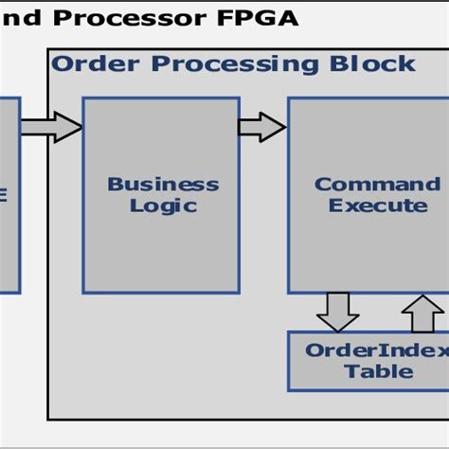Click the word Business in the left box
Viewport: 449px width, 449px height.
click(162, 184)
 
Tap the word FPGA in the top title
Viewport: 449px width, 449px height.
click(260, 17)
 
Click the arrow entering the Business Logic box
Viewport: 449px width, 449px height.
click(52, 127)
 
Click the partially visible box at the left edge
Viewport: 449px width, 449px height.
click(9, 194)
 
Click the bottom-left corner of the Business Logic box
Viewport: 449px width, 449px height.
click(84, 292)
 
